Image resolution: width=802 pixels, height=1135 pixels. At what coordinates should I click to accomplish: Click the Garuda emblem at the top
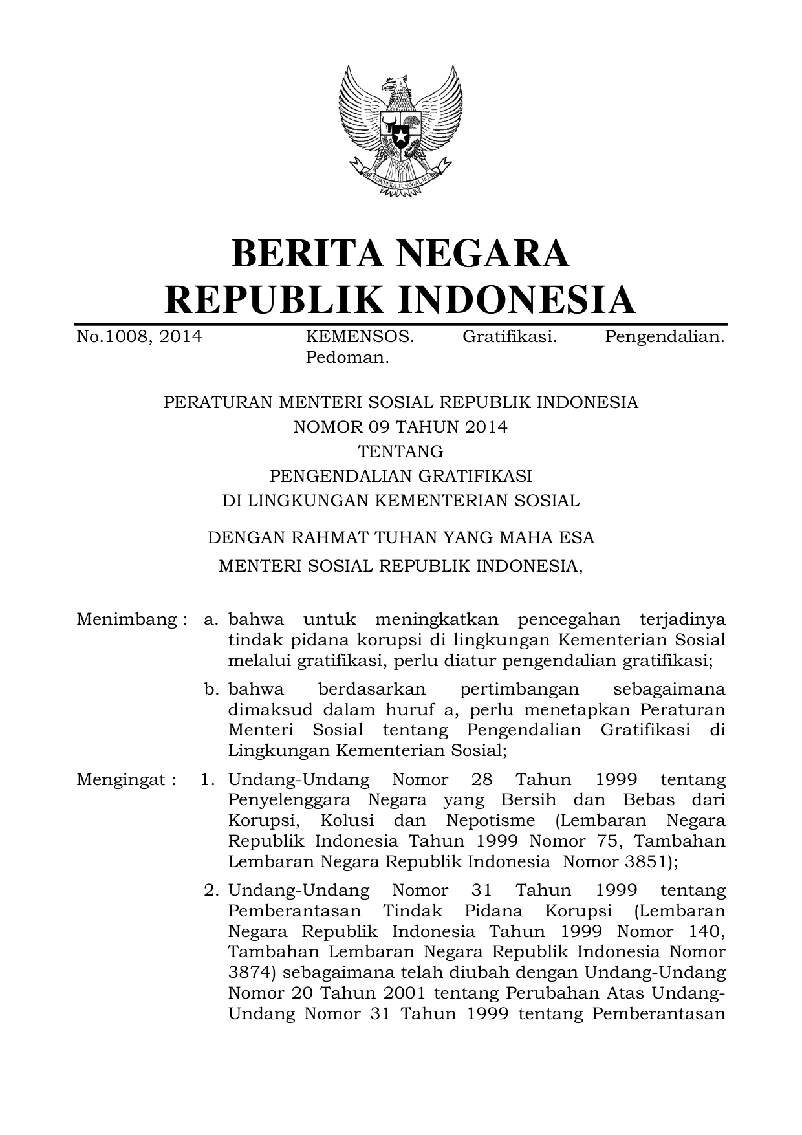(x=400, y=129)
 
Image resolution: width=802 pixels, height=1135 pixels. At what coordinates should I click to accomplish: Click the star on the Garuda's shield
(x=400, y=137)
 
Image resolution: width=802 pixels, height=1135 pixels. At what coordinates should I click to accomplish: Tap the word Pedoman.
(x=347, y=358)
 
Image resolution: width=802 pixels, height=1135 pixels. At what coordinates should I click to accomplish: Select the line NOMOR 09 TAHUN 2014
(x=400, y=427)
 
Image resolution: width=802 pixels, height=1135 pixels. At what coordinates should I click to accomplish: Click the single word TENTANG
(x=400, y=451)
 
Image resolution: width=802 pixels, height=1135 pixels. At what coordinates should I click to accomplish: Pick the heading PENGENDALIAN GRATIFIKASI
(x=400, y=476)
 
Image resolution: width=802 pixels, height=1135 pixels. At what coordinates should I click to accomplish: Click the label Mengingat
(x=126, y=779)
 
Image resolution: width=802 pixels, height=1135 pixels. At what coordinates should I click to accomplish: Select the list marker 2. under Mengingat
(x=211, y=891)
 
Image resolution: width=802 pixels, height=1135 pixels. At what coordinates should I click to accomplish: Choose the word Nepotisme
(x=490, y=821)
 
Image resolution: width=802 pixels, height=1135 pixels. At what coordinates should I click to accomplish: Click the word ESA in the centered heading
(x=577, y=537)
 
